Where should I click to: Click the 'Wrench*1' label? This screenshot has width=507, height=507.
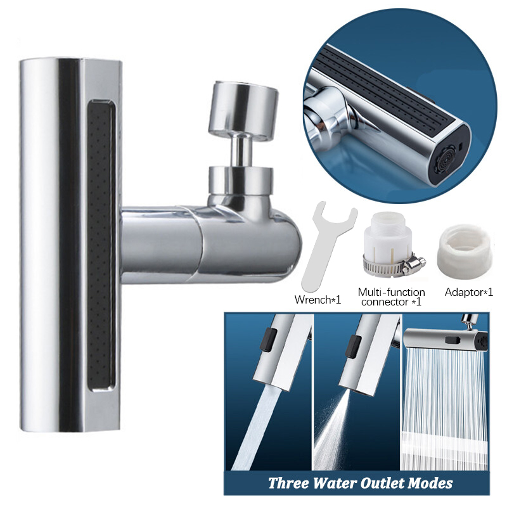click(319, 300)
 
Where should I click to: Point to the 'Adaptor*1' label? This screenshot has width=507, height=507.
click(469, 292)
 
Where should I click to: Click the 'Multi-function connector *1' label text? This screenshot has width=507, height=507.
click(391, 297)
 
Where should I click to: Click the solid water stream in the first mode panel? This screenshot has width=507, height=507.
click(263, 431)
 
